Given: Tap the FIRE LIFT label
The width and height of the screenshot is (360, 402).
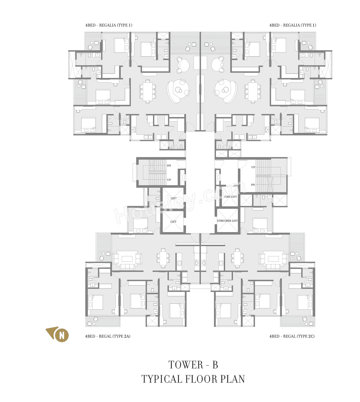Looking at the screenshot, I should (230, 197).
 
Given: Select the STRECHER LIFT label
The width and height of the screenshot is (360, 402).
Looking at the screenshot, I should (227, 221).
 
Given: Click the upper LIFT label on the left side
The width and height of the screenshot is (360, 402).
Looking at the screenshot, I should (174, 198).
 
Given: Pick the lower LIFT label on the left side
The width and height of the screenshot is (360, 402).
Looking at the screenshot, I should (173, 222).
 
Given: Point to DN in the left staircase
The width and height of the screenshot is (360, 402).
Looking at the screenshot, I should (169, 165).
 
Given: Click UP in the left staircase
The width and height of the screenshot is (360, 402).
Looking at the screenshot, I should (169, 180).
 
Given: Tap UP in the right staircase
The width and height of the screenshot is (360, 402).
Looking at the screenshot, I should (253, 167).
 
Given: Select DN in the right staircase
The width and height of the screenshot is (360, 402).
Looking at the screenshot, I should (253, 185).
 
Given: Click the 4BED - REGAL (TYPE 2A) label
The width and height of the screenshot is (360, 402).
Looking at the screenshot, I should (108, 336).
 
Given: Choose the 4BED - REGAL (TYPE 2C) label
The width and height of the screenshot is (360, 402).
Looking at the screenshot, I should (292, 336).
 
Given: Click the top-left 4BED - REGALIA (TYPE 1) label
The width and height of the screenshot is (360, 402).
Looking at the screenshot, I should (109, 25).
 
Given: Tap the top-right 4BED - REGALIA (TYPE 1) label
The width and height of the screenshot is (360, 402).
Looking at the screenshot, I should (293, 25).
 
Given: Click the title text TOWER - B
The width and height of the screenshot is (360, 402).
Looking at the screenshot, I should (193, 365).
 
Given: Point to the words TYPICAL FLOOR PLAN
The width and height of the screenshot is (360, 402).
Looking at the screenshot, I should (193, 379).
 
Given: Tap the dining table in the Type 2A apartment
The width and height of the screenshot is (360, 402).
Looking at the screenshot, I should (163, 258).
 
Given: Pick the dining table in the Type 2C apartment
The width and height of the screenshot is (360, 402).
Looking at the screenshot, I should (237, 258).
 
